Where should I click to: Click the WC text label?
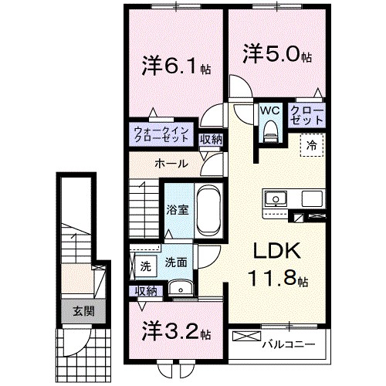coord(269,110)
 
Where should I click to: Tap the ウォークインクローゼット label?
coord(160,135)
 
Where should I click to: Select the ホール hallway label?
coord(168,164)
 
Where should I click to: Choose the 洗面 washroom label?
coord(176,262)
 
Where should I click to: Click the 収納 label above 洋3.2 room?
coord(146,290)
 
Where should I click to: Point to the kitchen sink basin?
coord(276,199)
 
